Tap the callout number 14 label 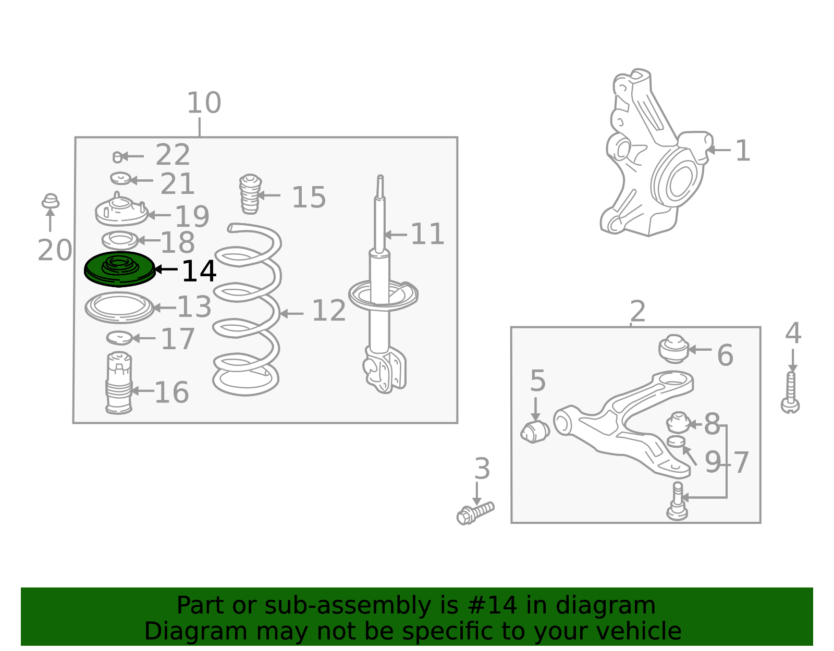pyautogui.click(x=199, y=271)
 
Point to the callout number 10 pyautogui.click(x=204, y=103)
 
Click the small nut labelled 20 pyautogui.click(x=50, y=201)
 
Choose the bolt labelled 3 pyautogui.click(x=475, y=513)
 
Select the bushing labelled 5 pyautogui.click(x=535, y=432)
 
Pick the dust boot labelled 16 pyautogui.click(x=119, y=383)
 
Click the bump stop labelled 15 pyautogui.click(x=250, y=194)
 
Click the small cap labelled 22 pyautogui.click(x=117, y=157)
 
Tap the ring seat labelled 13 pyautogui.click(x=119, y=308)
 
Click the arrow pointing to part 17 pyautogui.click(x=143, y=338)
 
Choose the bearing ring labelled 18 pyautogui.click(x=120, y=240)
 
